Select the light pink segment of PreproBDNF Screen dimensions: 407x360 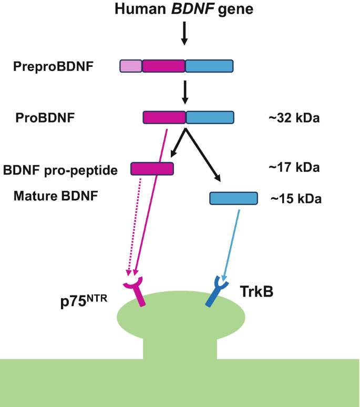point(131,66)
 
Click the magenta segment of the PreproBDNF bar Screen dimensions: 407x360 point(163,66)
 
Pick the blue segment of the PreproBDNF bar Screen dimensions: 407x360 point(209,66)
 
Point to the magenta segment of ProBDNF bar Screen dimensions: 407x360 point(164,117)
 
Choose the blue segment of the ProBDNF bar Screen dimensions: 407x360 point(210,117)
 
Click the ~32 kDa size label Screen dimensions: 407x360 point(294,118)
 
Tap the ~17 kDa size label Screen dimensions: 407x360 point(294,168)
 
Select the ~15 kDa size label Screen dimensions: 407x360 point(296,199)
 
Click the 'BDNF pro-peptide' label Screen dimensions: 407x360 point(60,170)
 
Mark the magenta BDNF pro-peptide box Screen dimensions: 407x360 point(152,168)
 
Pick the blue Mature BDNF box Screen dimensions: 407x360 point(233,198)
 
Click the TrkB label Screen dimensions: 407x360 point(256,291)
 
